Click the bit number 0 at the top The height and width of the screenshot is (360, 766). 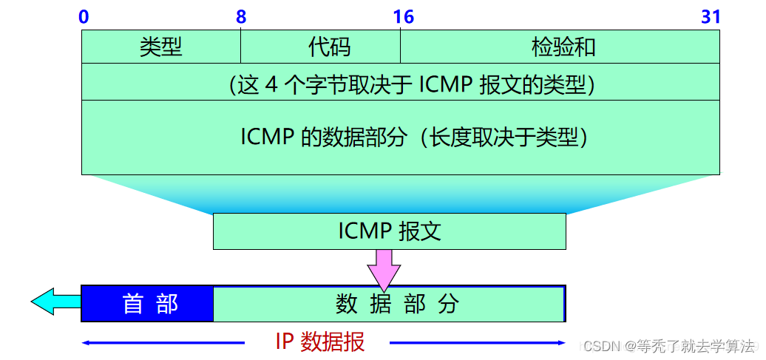pyautogui.click(x=84, y=17)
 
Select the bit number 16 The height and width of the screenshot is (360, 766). pyautogui.click(x=403, y=17)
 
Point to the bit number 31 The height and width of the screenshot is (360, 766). pyautogui.click(x=711, y=17)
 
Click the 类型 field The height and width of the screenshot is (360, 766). pyautogui.click(x=161, y=48)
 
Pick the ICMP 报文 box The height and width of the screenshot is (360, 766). pyautogui.click(x=390, y=231)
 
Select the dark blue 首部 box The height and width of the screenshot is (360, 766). pyautogui.click(x=148, y=304)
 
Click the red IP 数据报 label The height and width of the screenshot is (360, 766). pyautogui.click(x=319, y=342)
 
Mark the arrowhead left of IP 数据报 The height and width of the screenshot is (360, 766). pyautogui.click(x=86, y=342)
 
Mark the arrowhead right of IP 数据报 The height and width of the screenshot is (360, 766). pyautogui.click(x=561, y=342)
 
